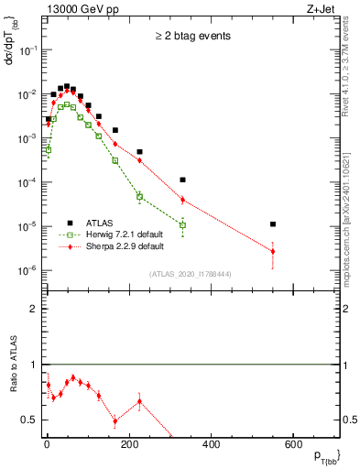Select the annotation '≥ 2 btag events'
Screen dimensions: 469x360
pos(191,36)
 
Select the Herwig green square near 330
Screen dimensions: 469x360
pos(182,225)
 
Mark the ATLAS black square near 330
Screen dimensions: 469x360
pos(182,180)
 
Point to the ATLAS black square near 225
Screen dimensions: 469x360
pos(139,152)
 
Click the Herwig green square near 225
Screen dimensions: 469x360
pos(139,196)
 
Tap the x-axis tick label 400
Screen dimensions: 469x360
pos(210,444)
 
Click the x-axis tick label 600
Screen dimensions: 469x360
pos(292,444)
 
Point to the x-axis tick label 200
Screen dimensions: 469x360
pos(128,444)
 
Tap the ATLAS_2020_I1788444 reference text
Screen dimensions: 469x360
pos(192,274)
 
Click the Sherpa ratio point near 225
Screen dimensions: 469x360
pos(139,401)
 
